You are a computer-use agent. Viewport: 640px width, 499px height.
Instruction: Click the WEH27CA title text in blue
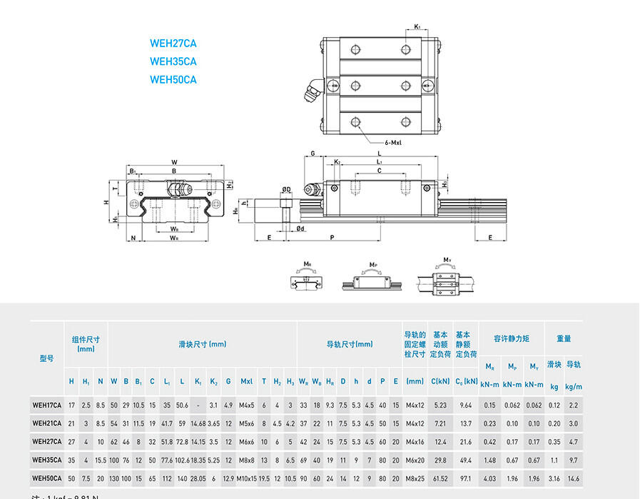click(173, 44)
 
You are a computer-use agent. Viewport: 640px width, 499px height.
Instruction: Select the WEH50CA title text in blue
click(173, 80)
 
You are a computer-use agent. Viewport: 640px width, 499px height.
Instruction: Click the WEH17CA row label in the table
click(47, 405)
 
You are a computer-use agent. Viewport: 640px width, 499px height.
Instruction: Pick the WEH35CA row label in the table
click(47, 460)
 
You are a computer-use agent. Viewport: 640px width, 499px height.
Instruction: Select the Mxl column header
click(246, 381)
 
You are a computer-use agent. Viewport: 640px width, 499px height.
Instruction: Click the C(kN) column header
click(440, 381)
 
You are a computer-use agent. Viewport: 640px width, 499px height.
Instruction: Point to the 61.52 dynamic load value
click(440, 478)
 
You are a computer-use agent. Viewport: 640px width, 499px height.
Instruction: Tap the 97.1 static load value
click(466, 478)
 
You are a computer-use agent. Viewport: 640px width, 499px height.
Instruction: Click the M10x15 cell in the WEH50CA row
click(246, 478)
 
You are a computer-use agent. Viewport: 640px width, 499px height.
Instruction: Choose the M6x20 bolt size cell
click(415, 460)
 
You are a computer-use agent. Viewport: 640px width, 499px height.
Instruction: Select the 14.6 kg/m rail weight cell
click(574, 478)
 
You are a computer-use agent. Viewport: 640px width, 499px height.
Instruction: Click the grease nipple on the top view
click(313, 94)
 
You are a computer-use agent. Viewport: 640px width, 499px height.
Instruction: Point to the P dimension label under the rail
click(332, 237)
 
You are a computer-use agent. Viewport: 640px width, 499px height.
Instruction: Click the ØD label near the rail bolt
click(286, 189)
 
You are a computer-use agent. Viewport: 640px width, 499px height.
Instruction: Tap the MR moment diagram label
click(308, 264)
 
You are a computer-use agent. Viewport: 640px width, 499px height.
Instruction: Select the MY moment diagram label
click(447, 260)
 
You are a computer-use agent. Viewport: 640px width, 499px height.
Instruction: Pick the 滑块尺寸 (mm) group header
click(202, 344)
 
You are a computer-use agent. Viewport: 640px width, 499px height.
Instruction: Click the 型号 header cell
click(46, 358)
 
